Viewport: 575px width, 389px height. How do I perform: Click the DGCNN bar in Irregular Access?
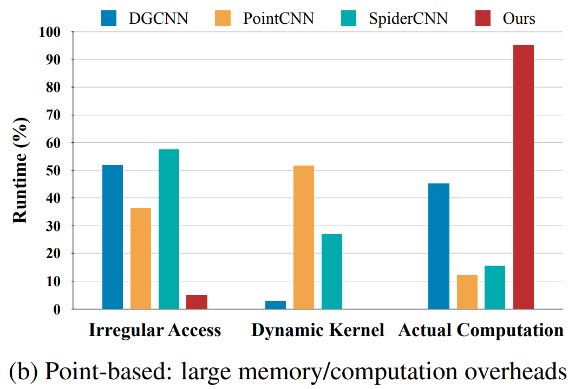[113, 237]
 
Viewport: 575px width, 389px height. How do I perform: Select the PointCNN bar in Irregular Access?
[141, 258]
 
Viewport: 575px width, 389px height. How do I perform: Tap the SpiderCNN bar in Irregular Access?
[169, 229]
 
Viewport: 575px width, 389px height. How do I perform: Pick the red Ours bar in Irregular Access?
[197, 302]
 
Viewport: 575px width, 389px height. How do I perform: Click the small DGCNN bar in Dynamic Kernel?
[276, 305]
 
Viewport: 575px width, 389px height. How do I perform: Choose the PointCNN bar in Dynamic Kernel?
[304, 237]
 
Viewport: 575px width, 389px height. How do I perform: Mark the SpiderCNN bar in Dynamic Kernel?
[332, 271]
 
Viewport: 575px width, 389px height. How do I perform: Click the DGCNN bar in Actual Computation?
[439, 246]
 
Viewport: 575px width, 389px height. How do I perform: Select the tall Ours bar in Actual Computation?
[524, 177]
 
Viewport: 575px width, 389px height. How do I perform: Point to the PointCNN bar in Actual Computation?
[467, 292]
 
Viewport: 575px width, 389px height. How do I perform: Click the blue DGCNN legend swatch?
[110, 18]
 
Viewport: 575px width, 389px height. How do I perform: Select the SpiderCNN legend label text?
[408, 18]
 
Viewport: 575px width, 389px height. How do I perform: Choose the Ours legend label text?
[518, 18]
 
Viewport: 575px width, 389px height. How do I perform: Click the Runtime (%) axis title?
[20, 170]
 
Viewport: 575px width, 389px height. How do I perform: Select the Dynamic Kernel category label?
[318, 330]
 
